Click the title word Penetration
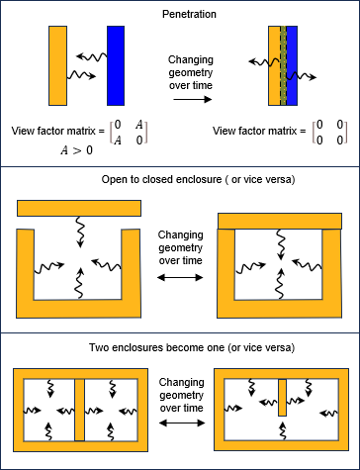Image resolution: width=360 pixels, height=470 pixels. [x=179, y=16]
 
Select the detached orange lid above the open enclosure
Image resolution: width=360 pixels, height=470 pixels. [x=79, y=208]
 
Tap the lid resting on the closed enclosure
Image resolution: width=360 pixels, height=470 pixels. [x=280, y=221]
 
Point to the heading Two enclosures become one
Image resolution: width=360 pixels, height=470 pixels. [x=180, y=348]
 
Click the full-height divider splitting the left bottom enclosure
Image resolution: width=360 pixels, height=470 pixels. [x=80, y=409]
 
